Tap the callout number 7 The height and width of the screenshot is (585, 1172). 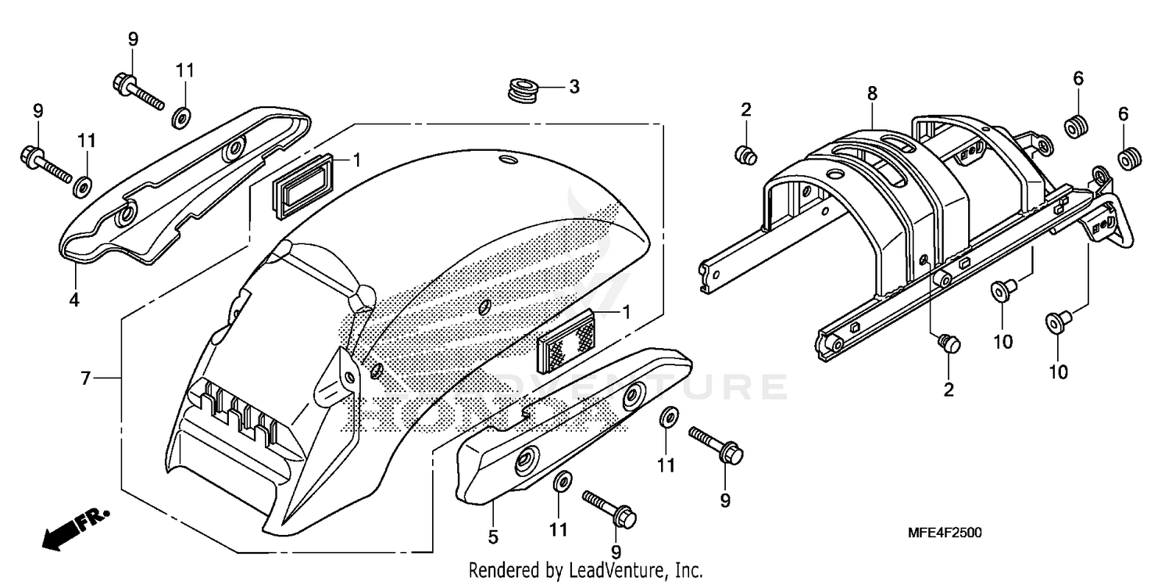[86, 379]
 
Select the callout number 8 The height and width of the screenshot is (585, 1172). [872, 94]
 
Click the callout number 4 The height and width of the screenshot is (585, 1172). [73, 300]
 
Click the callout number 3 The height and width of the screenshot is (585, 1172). [573, 87]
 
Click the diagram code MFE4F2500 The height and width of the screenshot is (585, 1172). [945, 533]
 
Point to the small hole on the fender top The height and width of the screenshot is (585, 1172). [509, 160]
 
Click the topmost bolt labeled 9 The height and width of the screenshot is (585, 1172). [138, 90]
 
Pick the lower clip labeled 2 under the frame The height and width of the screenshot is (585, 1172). [949, 343]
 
